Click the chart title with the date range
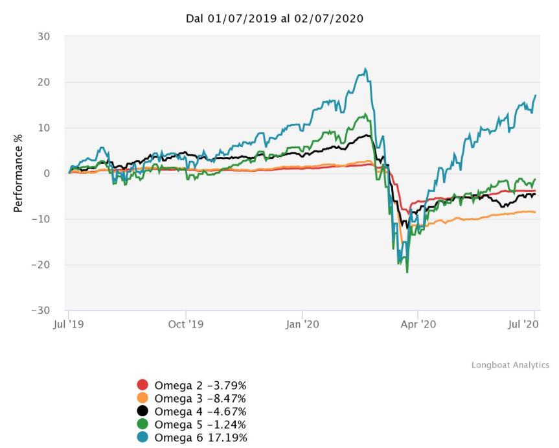click(275, 19)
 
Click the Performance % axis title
click(18, 173)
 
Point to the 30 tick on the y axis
click(43, 37)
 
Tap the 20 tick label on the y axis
click(43, 82)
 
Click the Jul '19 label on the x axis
click(68, 323)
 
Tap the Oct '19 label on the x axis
click(185, 323)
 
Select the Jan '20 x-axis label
click(302, 323)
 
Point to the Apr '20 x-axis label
click(418, 323)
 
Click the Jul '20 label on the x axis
click(532, 323)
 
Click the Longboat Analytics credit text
click(510, 365)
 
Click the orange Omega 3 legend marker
click(143, 397)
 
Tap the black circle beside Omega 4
click(143, 410)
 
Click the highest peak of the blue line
click(366, 68)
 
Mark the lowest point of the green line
click(407, 272)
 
